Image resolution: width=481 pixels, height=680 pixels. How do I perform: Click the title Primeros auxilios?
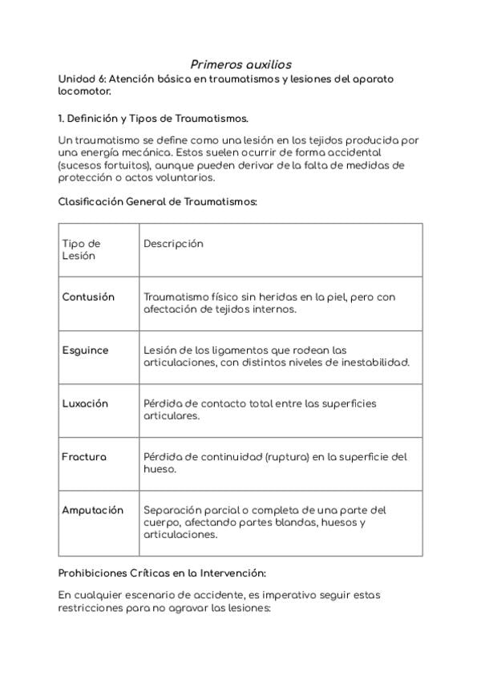(240, 63)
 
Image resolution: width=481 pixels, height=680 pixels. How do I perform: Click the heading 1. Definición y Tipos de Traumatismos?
(153, 118)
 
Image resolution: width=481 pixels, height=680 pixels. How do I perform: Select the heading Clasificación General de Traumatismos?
(158, 202)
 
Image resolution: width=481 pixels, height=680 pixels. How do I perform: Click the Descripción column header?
(173, 244)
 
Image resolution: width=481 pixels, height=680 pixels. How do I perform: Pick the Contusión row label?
(88, 297)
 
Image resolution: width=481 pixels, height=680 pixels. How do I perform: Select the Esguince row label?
(85, 350)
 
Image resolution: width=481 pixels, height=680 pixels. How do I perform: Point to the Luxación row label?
(85, 403)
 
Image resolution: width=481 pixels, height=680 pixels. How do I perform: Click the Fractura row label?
(84, 457)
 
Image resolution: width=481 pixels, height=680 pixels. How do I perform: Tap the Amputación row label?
(93, 510)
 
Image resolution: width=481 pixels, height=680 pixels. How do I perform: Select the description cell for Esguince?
(276, 356)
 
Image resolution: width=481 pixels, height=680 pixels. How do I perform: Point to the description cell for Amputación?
(265, 522)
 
